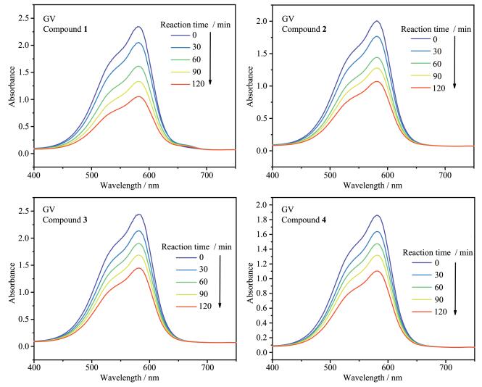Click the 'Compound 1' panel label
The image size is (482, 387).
65,28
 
